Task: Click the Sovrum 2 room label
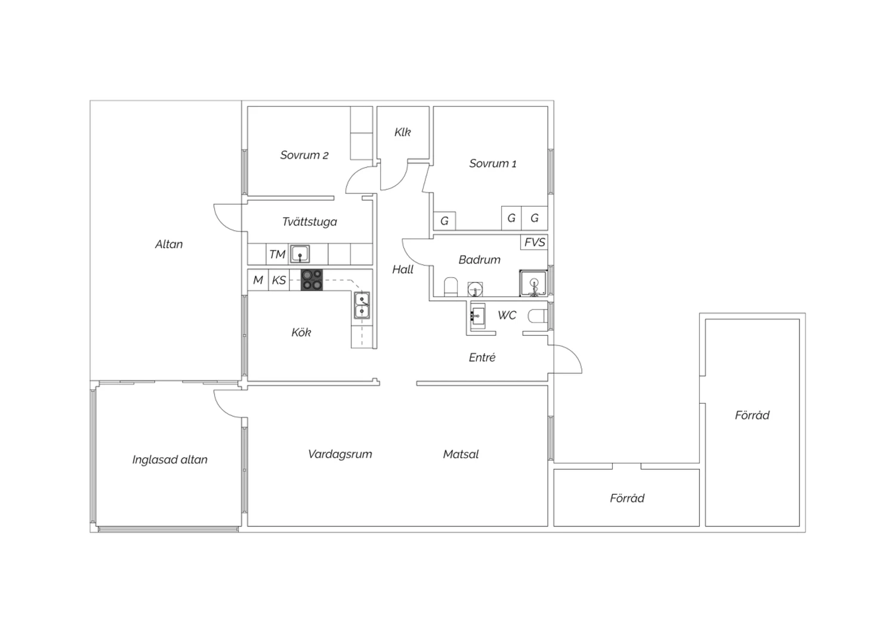coord(304,155)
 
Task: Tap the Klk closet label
coord(402,132)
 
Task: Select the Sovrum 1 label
coord(493,163)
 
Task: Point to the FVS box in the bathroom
coord(534,242)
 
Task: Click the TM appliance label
coord(277,255)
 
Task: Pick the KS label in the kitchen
coord(279,280)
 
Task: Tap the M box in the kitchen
coord(258,280)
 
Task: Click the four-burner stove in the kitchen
coord(311,280)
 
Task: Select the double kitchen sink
coord(362,305)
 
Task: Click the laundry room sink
coord(300,254)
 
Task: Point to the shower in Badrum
coord(533,283)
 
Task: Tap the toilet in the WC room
coord(538,316)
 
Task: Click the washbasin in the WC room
coord(477,316)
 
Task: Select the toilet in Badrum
coord(450,287)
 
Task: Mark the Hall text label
coord(403,269)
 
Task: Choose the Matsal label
coord(461,454)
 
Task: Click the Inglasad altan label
coord(170,460)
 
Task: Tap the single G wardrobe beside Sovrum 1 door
coord(445,221)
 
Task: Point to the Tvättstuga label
coord(309,222)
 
